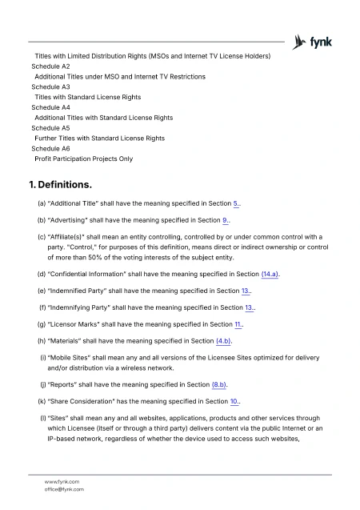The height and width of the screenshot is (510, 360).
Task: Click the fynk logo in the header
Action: (x=314, y=42)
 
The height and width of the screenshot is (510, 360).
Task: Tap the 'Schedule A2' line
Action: (x=50, y=66)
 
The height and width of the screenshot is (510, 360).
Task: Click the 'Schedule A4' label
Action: (x=50, y=107)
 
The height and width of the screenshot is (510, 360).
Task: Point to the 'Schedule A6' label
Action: (x=50, y=149)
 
